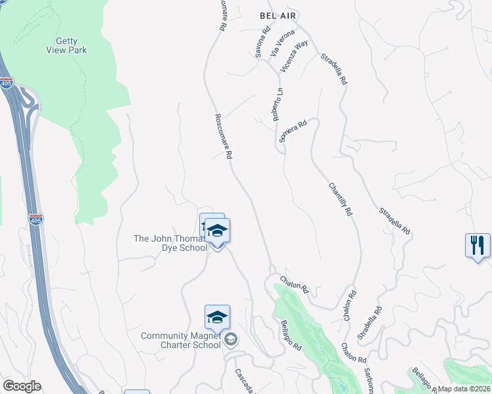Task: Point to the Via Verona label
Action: (278, 43)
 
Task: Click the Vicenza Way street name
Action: (293, 56)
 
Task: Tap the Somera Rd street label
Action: (293, 131)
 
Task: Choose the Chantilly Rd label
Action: (341, 200)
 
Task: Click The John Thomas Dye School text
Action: (171, 243)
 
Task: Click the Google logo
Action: (22, 386)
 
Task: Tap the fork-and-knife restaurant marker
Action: (478, 246)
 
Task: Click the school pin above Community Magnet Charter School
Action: (217, 318)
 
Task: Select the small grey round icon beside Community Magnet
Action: (230, 339)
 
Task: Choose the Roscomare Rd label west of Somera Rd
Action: (224, 137)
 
